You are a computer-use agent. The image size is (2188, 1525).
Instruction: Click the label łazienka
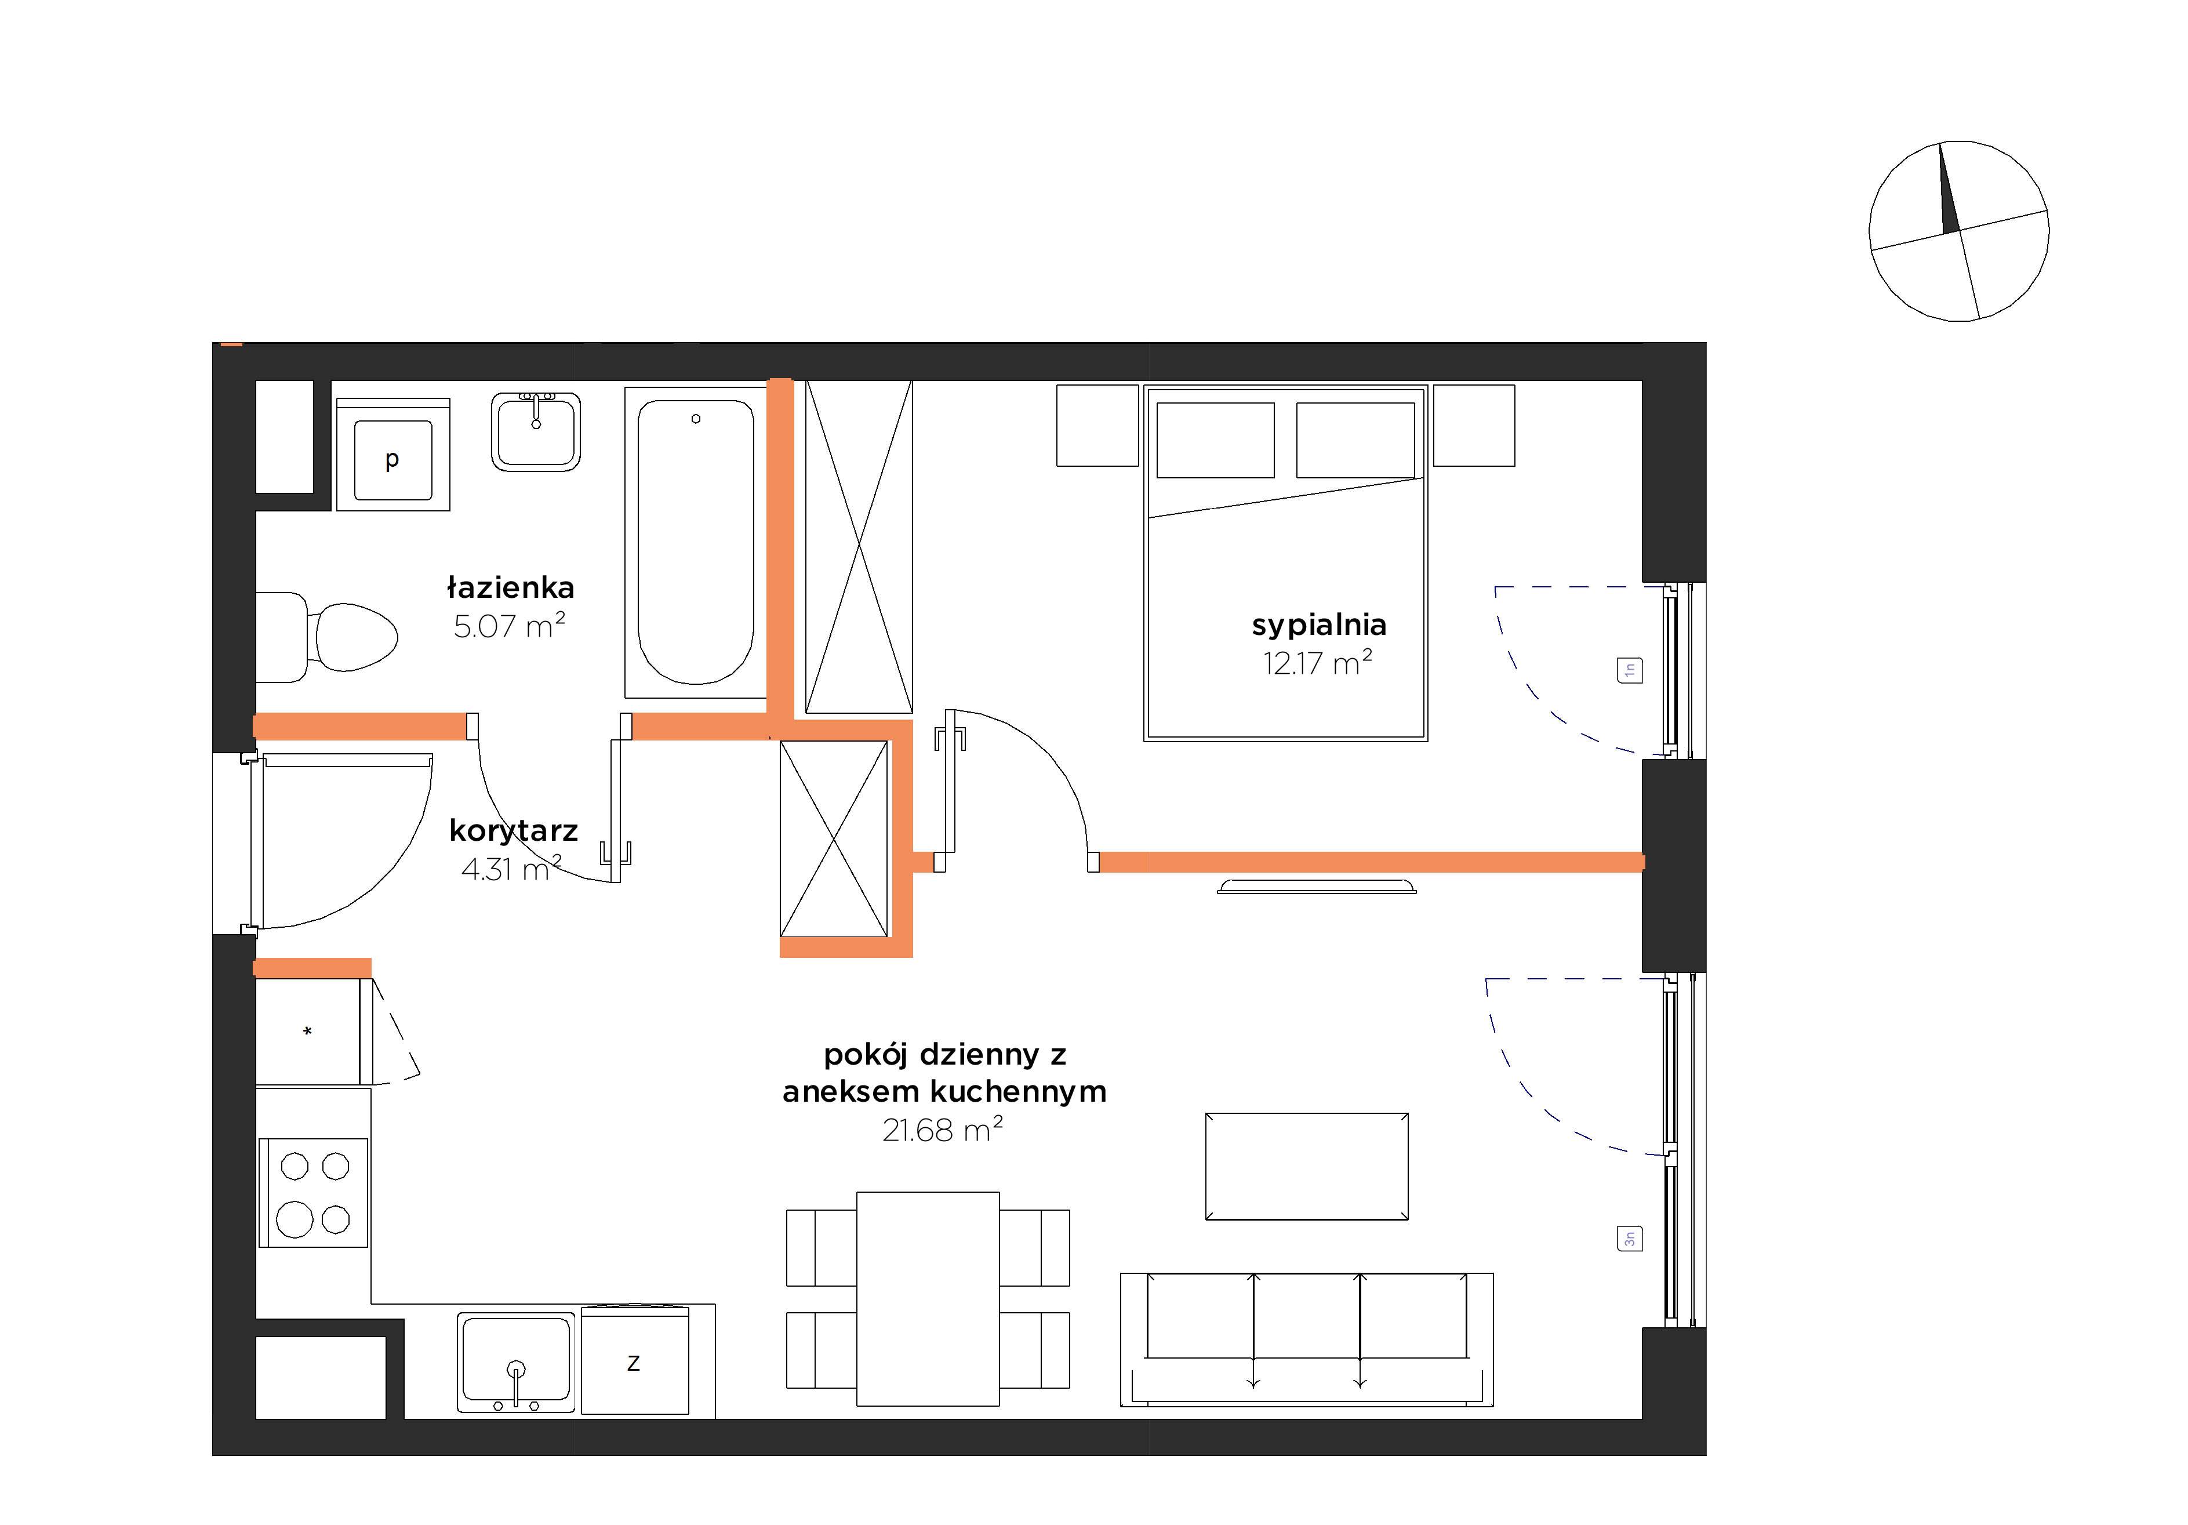(x=511, y=587)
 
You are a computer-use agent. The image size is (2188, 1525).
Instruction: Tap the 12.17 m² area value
(x=1318, y=662)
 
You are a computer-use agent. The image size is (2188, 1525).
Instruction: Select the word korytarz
(x=514, y=831)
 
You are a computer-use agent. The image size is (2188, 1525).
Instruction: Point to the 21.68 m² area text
(x=943, y=1130)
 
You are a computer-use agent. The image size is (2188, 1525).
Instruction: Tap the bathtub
(x=696, y=542)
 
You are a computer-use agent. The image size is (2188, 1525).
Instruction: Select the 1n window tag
(x=1630, y=670)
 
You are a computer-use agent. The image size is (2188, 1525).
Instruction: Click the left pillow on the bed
(x=1215, y=440)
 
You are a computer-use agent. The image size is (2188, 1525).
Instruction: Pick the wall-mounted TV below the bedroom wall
(x=1317, y=887)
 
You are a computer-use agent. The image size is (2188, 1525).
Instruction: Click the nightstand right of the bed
(x=1474, y=425)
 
